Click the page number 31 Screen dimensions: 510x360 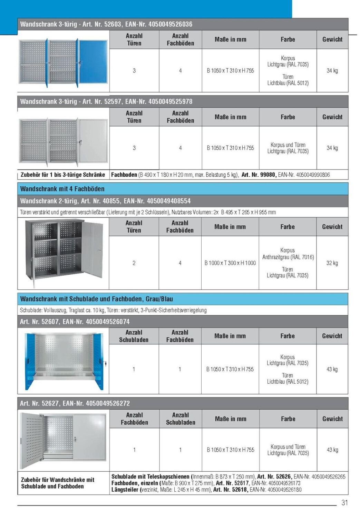344,502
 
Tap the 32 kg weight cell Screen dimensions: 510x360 332,263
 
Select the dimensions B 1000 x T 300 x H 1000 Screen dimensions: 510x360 230,263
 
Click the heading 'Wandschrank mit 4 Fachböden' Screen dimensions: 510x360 62,189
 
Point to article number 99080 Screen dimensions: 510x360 267,175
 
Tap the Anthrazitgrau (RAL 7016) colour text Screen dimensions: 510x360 288,257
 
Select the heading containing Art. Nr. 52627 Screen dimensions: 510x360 75,403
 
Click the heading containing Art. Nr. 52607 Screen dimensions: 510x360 75,322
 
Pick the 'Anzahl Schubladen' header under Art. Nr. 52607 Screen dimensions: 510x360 134,336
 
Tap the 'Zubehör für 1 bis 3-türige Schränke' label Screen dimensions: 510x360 63,175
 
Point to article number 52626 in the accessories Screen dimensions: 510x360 284,477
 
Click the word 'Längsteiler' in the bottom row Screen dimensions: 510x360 125,490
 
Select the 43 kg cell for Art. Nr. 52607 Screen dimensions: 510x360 332,369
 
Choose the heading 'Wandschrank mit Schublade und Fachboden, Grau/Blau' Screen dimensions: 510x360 97,299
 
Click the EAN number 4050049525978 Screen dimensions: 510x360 170,101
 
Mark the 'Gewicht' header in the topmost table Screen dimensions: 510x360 332,39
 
